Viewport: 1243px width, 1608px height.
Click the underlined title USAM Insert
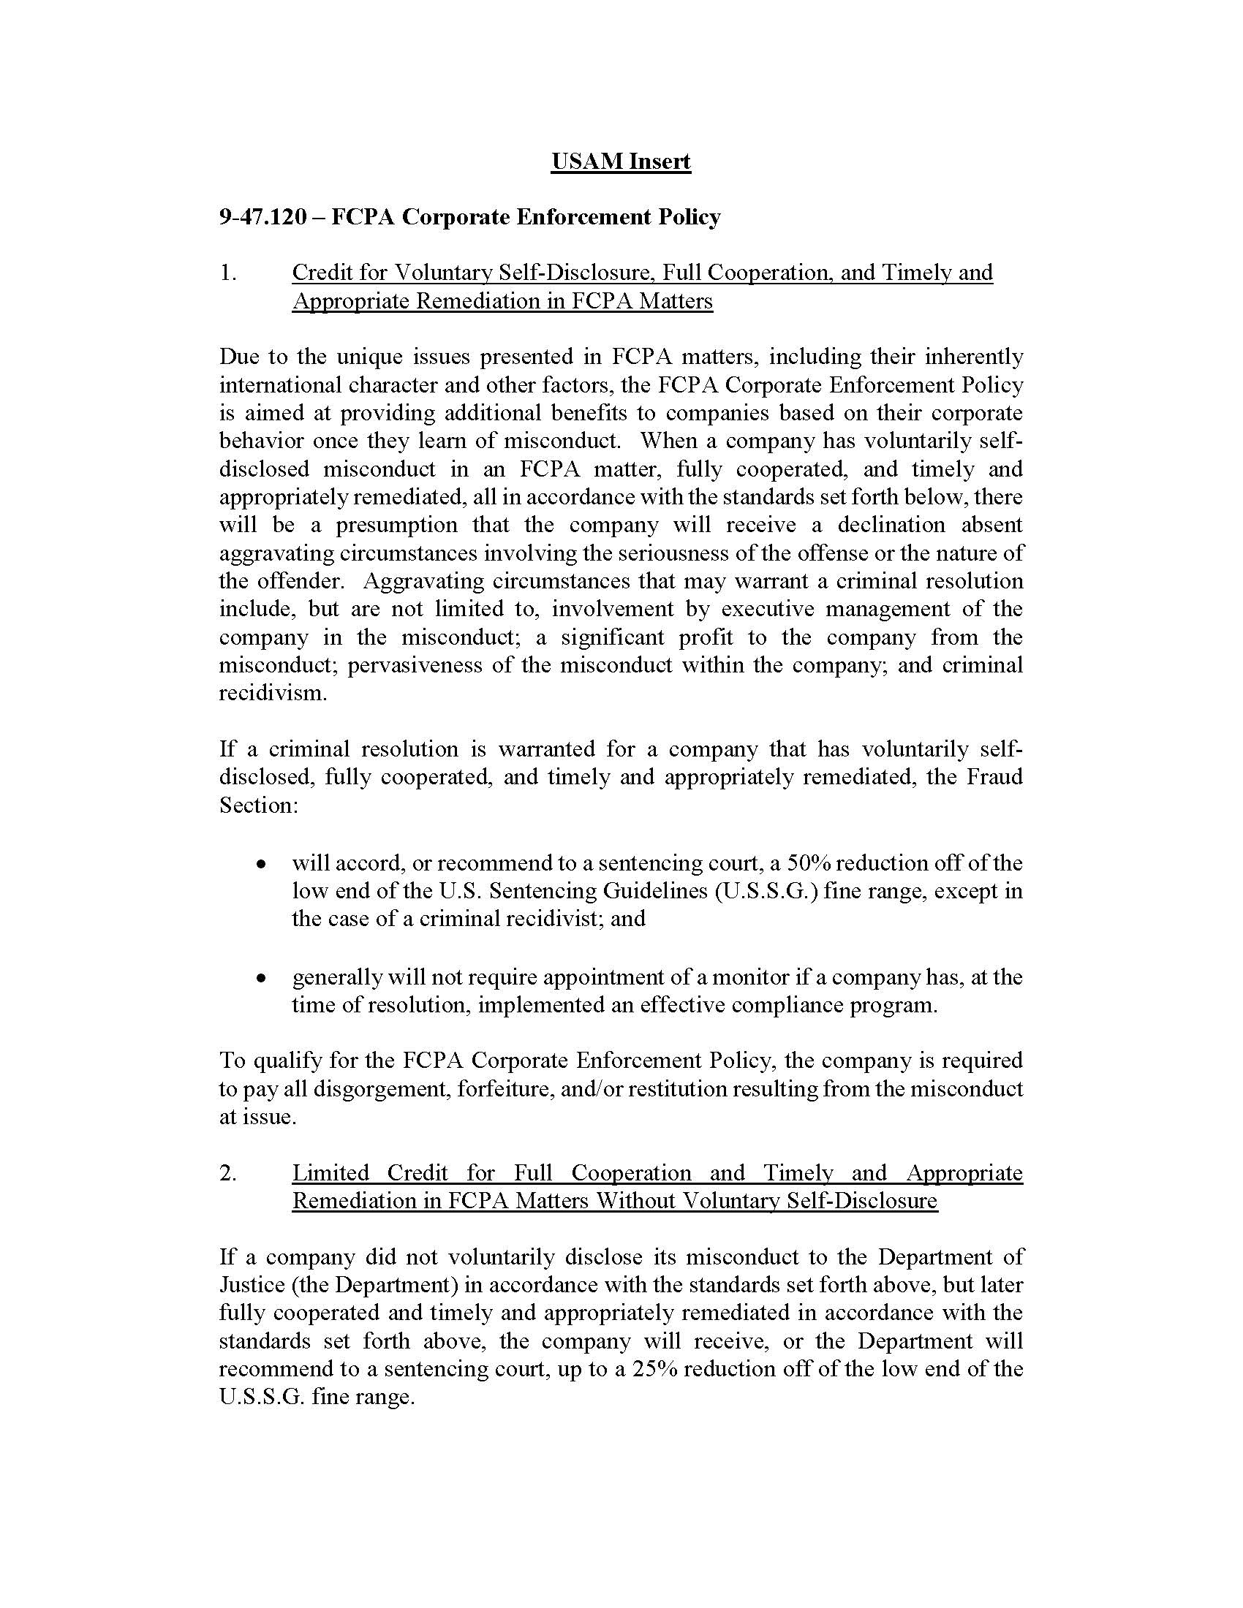click(x=620, y=162)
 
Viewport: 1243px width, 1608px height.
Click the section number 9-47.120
click(x=262, y=217)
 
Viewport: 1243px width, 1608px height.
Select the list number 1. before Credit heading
click(x=227, y=273)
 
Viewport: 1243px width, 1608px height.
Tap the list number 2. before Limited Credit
click(x=227, y=1173)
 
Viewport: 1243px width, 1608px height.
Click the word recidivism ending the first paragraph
click(x=272, y=694)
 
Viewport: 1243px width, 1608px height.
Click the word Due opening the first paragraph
click(x=237, y=357)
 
